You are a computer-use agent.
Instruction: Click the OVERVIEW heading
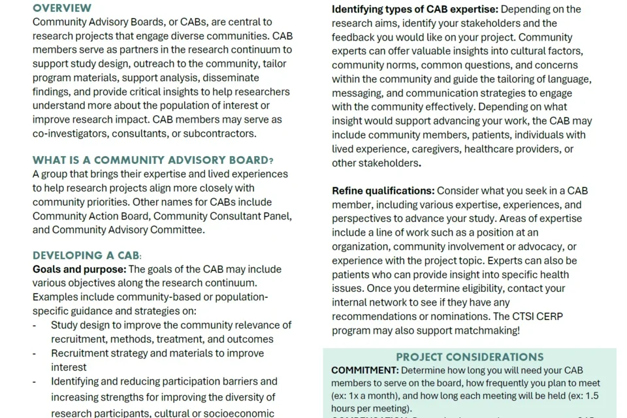point(62,8)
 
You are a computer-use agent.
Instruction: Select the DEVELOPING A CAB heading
point(87,255)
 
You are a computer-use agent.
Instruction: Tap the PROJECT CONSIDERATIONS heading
point(470,357)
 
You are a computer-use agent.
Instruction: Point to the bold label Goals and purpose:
point(79,269)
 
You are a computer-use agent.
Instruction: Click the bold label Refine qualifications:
point(383,191)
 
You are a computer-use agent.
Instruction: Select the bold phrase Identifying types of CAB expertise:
point(415,9)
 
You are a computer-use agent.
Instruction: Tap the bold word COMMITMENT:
point(364,370)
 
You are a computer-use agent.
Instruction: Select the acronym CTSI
point(508,316)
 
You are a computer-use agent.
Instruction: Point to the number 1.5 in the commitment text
point(591,396)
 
